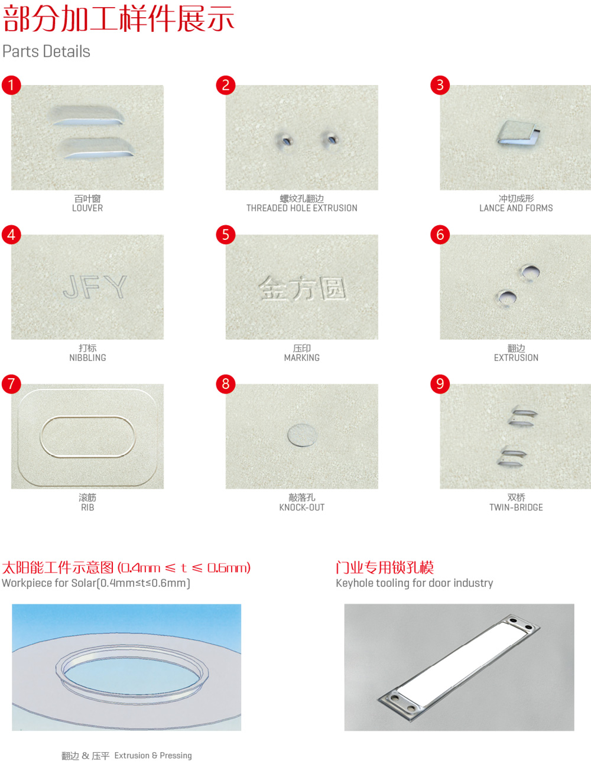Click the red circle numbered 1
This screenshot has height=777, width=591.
(x=11, y=85)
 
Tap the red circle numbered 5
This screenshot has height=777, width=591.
(x=225, y=235)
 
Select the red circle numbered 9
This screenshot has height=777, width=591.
(x=440, y=383)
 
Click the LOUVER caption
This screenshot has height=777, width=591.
(x=87, y=208)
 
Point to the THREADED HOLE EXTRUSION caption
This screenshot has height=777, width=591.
(x=302, y=208)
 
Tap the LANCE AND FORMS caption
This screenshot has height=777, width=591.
(x=516, y=208)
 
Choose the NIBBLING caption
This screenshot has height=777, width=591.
(x=87, y=358)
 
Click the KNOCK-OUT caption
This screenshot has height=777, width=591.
(x=302, y=507)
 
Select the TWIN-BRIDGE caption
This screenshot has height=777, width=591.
(x=516, y=507)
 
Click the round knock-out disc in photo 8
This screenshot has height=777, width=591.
(x=302, y=435)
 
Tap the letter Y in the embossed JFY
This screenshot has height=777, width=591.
(x=116, y=287)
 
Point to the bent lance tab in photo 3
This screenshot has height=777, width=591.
(x=518, y=133)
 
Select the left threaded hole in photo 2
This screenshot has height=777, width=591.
(x=285, y=141)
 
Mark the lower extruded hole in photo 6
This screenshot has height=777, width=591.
(x=506, y=298)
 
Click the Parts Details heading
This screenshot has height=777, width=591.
(x=46, y=51)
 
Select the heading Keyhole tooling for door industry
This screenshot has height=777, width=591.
(x=414, y=583)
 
